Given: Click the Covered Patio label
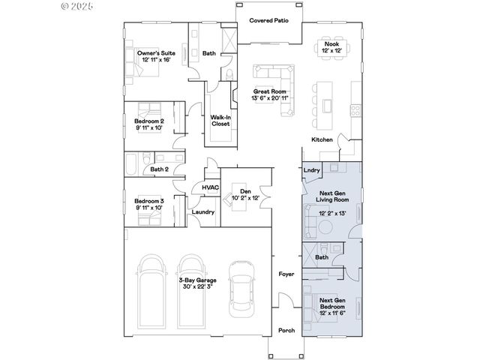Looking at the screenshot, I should pyautogui.click(x=269, y=20).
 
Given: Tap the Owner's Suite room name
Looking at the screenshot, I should pyautogui.click(x=156, y=53).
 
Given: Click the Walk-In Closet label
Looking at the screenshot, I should pyautogui.click(x=220, y=120).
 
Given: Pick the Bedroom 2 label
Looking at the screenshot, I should pyautogui.click(x=150, y=120).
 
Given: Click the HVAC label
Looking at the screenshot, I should pyautogui.click(x=210, y=187).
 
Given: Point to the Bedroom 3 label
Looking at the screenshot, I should pyautogui.click(x=150, y=201).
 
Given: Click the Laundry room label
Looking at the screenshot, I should pyautogui.click(x=203, y=212).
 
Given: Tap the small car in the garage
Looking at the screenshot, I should pyautogui.click(x=241, y=288).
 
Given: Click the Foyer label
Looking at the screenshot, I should pyautogui.click(x=286, y=274).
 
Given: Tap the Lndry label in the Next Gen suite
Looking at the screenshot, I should pyautogui.click(x=312, y=170).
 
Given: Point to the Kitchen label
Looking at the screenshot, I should pyautogui.click(x=322, y=140).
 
